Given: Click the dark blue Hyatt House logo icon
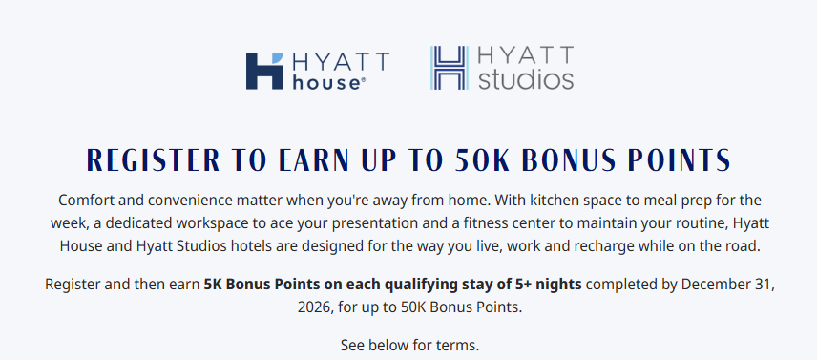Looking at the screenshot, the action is click(x=264, y=71).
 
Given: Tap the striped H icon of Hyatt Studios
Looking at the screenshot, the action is click(x=450, y=68).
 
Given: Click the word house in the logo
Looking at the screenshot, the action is click(x=325, y=82).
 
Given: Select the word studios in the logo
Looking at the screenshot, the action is click(x=526, y=79).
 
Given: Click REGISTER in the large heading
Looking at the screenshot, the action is click(x=153, y=159).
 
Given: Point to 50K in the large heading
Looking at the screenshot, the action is click(x=483, y=159).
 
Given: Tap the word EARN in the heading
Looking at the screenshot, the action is click(x=314, y=159).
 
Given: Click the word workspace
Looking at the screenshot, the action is click(x=205, y=223).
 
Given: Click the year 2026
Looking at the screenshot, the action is click(x=315, y=307).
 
